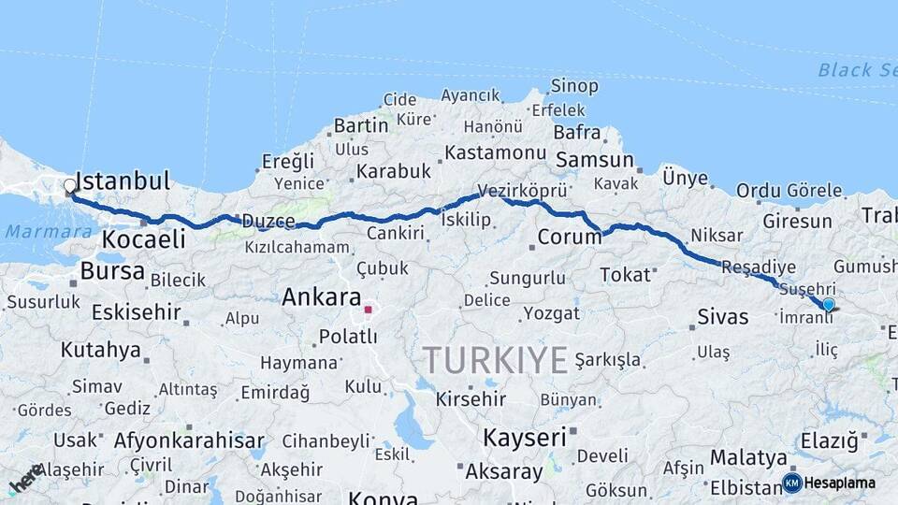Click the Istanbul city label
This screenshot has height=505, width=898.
pyautogui.click(x=123, y=181)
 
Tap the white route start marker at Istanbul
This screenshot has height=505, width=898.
pyautogui.click(x=70, y=186)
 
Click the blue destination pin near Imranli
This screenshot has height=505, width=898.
pyautogui.click(x=828, y=304)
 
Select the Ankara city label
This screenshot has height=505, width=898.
pyautogui.click(x=322, y=298)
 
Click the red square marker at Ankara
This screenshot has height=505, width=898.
pyautogui.click(x=369, y=309)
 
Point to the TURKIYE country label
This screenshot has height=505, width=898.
pyautogui.click(x=495, y=360)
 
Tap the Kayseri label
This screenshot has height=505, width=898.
pyautogui.click(x=525, y=437)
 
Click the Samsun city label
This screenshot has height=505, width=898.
pyautogui.click(x=595, y=160)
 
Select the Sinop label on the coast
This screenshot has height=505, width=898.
pyautogui.click(x=574, y=87)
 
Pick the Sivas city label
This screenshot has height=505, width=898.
pyautogui.click(x=723, y=316)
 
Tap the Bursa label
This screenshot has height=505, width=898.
pyautogui.click(x=112, y=271)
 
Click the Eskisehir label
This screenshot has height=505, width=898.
pyautogui.click(x=137, y=311)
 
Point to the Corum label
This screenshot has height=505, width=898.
pyautogui.click(x=569, y=237)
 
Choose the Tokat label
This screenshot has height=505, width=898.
pyautogui.click(x=625, y=274)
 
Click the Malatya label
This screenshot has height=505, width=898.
pyautogui.click(x=748, y=457)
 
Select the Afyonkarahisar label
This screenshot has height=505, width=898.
pyautogui.click(x=189, y=440)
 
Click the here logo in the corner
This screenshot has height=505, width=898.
pyautogui.click(x=25, y=479)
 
